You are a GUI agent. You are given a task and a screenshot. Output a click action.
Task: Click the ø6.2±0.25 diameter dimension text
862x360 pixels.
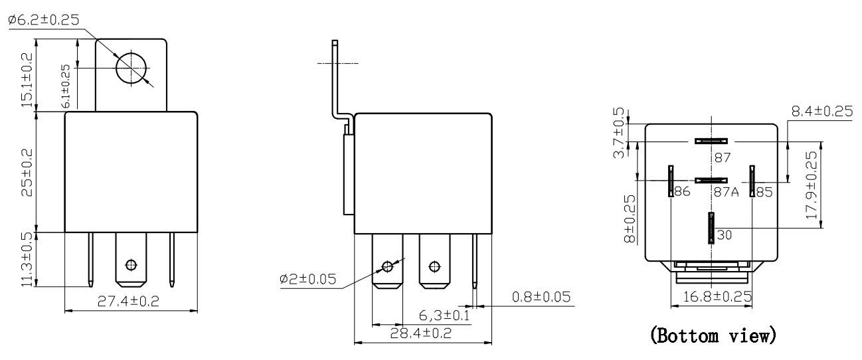(x=44, y=20)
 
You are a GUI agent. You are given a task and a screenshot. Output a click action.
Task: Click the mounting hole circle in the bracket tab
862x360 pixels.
(x=131, y=67)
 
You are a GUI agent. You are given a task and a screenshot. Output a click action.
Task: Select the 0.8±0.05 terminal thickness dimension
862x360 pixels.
(x=541, y=297)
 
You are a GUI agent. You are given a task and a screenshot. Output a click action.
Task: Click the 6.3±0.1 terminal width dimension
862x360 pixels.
(x=444, y=315)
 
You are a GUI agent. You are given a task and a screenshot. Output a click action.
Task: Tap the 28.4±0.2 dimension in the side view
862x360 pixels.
(x=421, y=333)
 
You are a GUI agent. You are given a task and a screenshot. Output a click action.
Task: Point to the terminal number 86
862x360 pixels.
(x=682, y=193)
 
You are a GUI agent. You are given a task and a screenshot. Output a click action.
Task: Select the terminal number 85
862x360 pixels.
(x=764, y=193)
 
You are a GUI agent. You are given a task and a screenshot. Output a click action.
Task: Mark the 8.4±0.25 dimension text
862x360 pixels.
(x=821, y=112)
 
